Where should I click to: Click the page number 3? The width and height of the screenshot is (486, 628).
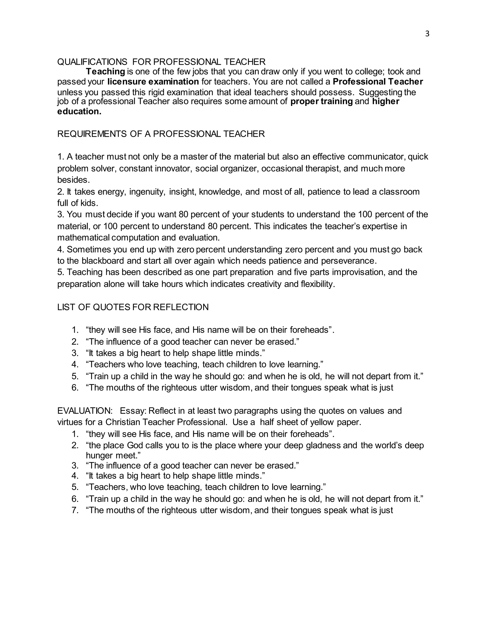click(427, 34)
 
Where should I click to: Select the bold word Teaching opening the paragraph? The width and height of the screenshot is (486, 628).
click(105, 71)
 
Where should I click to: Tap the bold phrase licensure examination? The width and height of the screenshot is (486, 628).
click(153, 82)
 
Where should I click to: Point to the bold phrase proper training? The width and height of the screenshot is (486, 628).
click(321, 101)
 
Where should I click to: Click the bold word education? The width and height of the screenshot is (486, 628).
click(79, 112)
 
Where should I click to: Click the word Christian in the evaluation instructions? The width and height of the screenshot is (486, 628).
click(123, 422)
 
